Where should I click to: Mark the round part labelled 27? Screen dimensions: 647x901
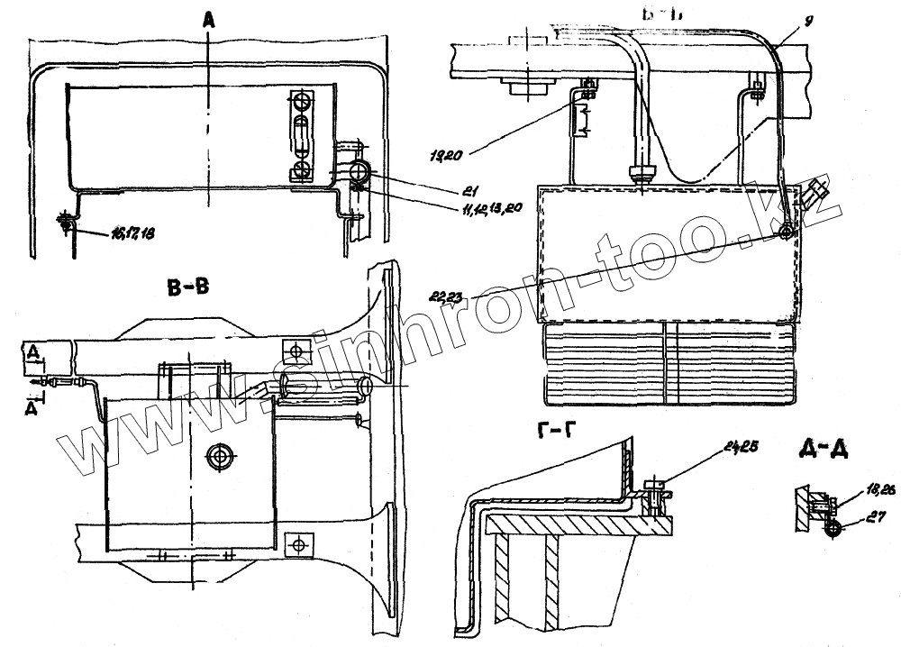point(831,531)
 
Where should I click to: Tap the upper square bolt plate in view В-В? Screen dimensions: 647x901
point(296,349)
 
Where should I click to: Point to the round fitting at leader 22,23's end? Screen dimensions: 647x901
point(787,232)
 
